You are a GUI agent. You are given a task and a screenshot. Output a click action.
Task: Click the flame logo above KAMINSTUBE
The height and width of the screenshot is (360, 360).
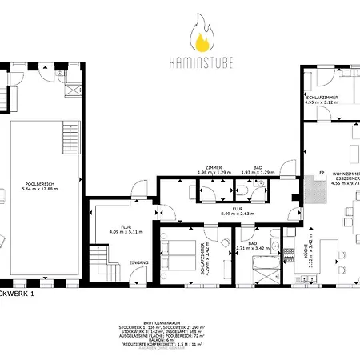pos(201,37)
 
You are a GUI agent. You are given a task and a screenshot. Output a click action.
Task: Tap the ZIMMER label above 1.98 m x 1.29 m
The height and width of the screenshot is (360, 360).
pos(214,168)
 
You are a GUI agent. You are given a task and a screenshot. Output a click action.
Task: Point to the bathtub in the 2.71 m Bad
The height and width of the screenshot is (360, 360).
pos(263,266)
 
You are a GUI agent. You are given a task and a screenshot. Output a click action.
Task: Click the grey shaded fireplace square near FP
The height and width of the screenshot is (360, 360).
pos(318,191)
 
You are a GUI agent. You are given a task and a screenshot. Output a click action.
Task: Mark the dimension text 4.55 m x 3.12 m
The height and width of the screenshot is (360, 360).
pos(321,102)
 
